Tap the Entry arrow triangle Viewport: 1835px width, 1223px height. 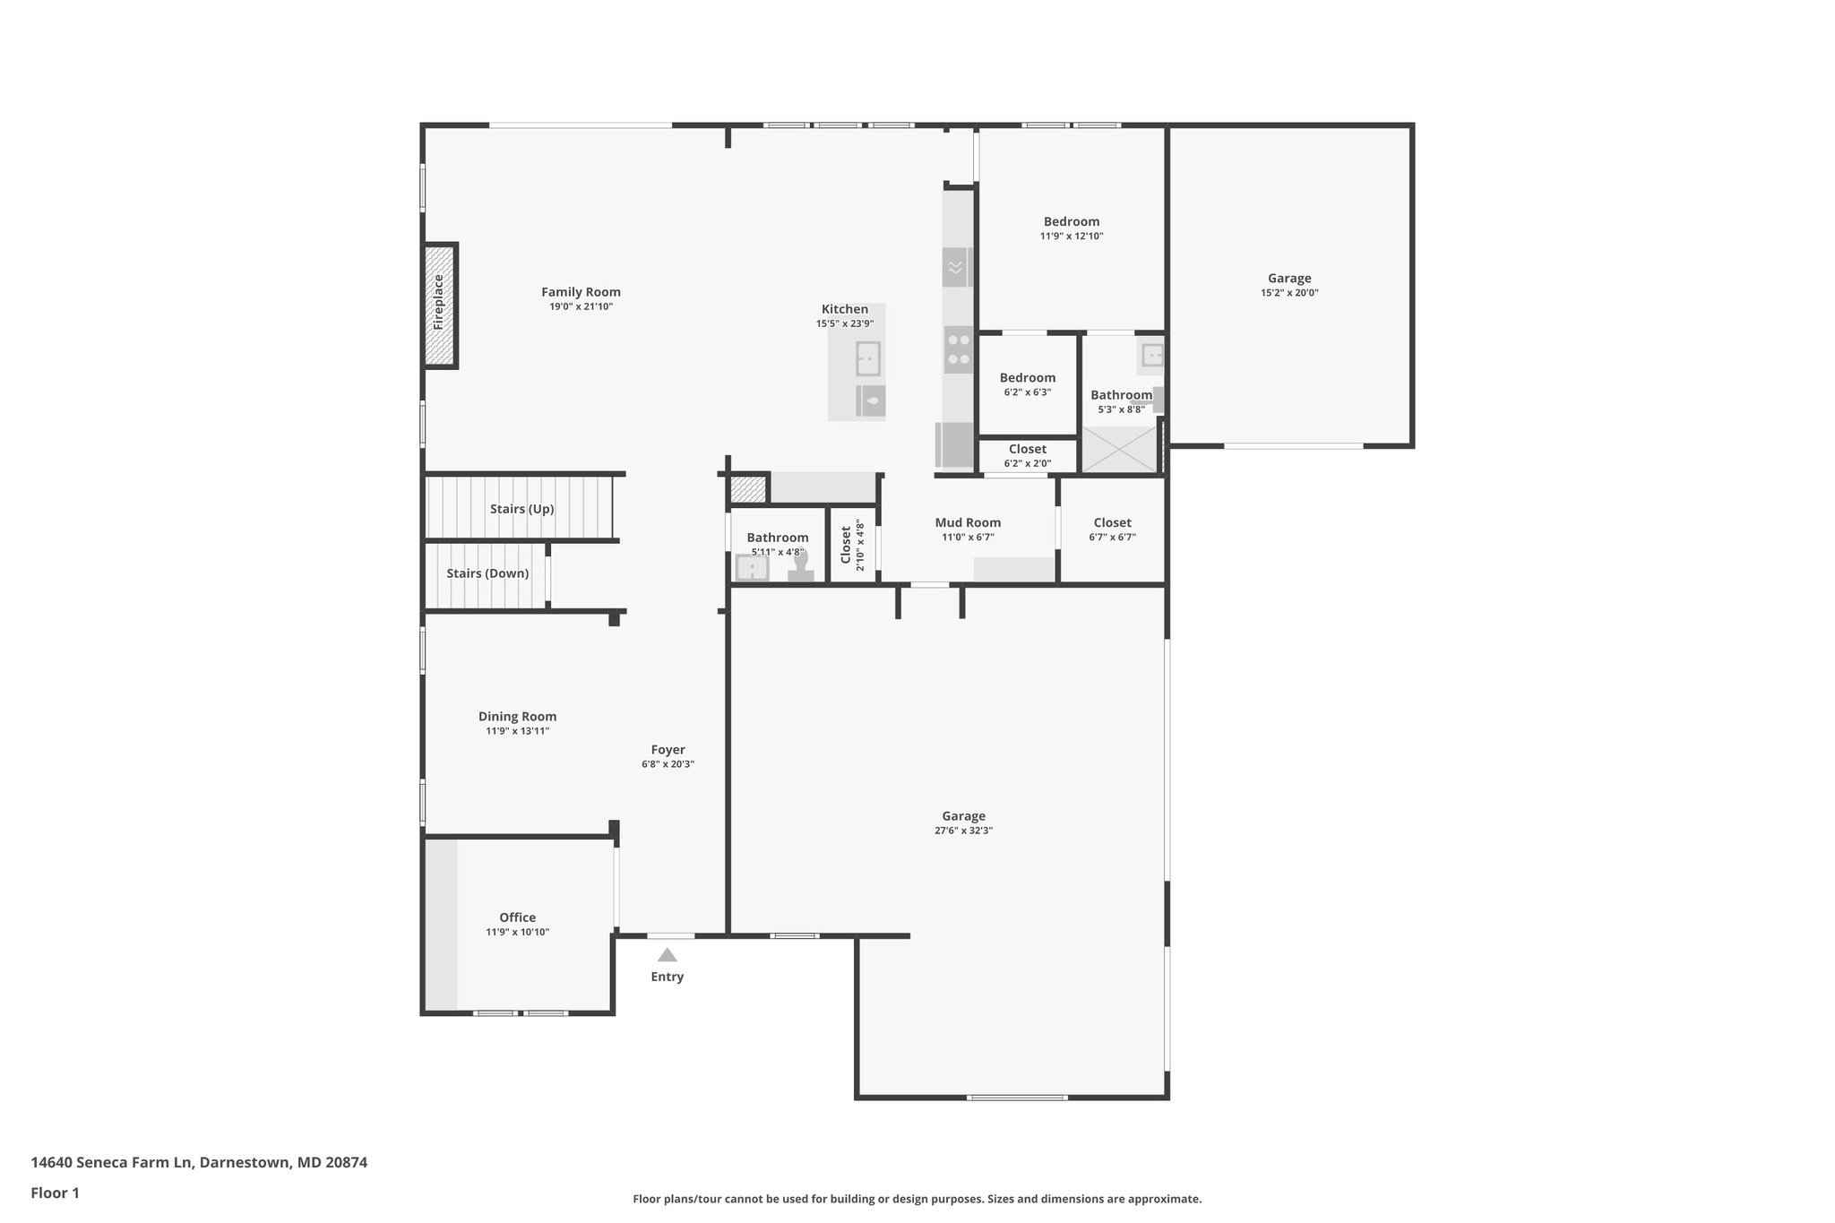point(667,955)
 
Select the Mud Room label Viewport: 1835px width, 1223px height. point(968,522)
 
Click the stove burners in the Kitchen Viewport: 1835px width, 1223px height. point(959,349)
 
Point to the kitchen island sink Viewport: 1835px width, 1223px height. point(867,358)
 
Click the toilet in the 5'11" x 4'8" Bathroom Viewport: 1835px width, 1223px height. point(800,567)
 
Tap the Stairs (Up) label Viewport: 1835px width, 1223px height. point(521,509)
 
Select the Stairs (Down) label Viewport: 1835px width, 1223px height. point(487,573)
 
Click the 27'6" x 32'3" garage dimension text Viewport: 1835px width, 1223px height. point(963,831)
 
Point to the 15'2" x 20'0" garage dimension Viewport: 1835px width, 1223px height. point(1289,293)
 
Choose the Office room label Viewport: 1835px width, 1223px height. point(517,917)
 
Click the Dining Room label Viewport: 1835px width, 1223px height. point(517,717)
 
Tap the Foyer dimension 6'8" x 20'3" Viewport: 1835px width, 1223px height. point(668,764)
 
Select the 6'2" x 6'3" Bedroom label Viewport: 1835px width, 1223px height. point(1027,378)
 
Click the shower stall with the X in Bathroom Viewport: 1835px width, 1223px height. point(1120,449)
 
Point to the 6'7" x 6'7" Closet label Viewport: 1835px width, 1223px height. point(1112,523)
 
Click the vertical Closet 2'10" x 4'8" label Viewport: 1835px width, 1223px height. point(846,544)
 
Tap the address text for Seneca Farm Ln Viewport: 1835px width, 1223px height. point(199,1162)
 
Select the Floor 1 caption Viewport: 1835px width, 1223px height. point(55,1193)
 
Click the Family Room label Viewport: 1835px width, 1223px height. point(581,292)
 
